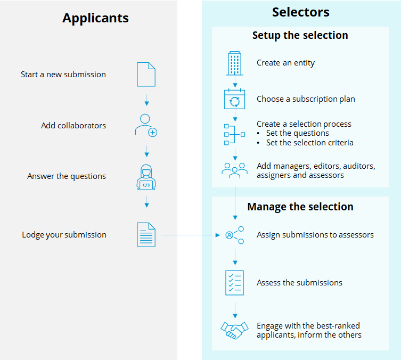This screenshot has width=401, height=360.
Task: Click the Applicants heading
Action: click(x=95, y=18)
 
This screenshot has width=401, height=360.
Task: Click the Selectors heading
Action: click(x=300, y=12)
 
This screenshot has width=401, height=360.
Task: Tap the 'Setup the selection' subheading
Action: click(x=300, y=36)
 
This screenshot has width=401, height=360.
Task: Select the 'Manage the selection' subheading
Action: click(x=300, y=207)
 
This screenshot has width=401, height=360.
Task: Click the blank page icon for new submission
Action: click(x=146, y=75)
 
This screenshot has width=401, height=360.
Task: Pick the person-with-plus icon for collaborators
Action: click(x=146, y=126)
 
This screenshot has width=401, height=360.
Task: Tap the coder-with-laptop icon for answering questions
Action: click(x=146, y=177)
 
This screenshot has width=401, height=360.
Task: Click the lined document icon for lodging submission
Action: click(x=146, y=235)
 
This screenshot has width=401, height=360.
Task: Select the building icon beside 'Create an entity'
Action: click(x=234, y=63)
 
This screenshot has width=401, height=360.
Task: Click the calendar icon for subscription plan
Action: click(x=234, y=99)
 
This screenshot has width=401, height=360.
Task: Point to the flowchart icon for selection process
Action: click(x=234, y=134)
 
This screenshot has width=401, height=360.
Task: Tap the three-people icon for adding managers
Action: click(x=234, y=170)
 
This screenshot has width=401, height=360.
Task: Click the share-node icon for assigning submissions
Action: click(x=235, y=235)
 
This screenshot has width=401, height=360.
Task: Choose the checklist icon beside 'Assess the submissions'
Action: click(x=234, y=283)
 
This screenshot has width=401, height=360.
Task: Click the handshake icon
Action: click(x=234, y=330)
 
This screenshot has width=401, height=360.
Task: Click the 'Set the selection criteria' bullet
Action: click(x=309, y=143)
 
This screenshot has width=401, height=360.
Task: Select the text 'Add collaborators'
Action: click(x=73, y=126)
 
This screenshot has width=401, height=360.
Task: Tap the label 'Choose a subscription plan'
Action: click(x=306, y=99)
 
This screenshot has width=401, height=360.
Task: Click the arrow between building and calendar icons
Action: click(x=235, y=82)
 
